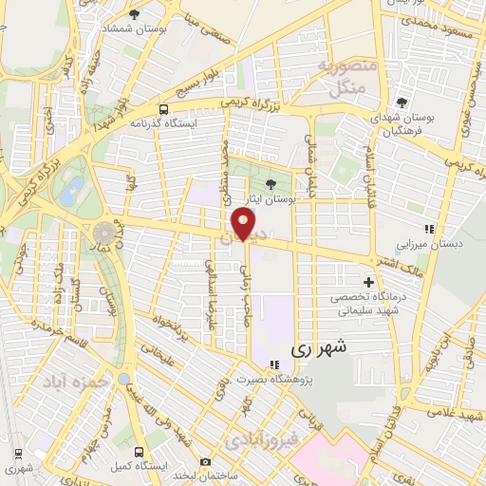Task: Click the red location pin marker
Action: (244, 224)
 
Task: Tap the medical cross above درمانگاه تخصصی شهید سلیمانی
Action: (369, 282)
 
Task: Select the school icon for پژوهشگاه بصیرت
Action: (274, 364)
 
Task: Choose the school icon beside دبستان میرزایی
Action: (430, 228)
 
